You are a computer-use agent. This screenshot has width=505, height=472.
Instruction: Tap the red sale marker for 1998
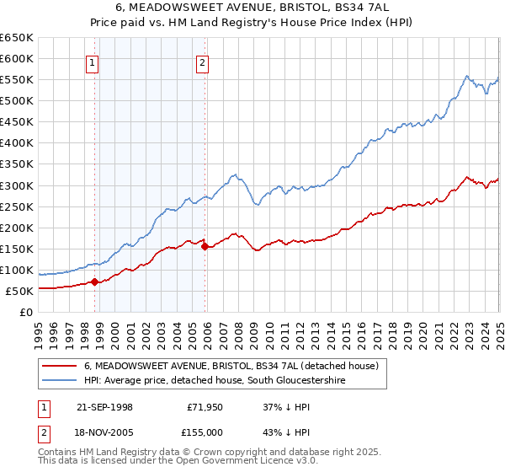[95, 282]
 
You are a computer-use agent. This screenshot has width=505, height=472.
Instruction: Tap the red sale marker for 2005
[205, 246]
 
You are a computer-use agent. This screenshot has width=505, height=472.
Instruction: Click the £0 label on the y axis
[25, 313]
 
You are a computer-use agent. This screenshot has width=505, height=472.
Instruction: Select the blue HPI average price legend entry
[215, 381]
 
